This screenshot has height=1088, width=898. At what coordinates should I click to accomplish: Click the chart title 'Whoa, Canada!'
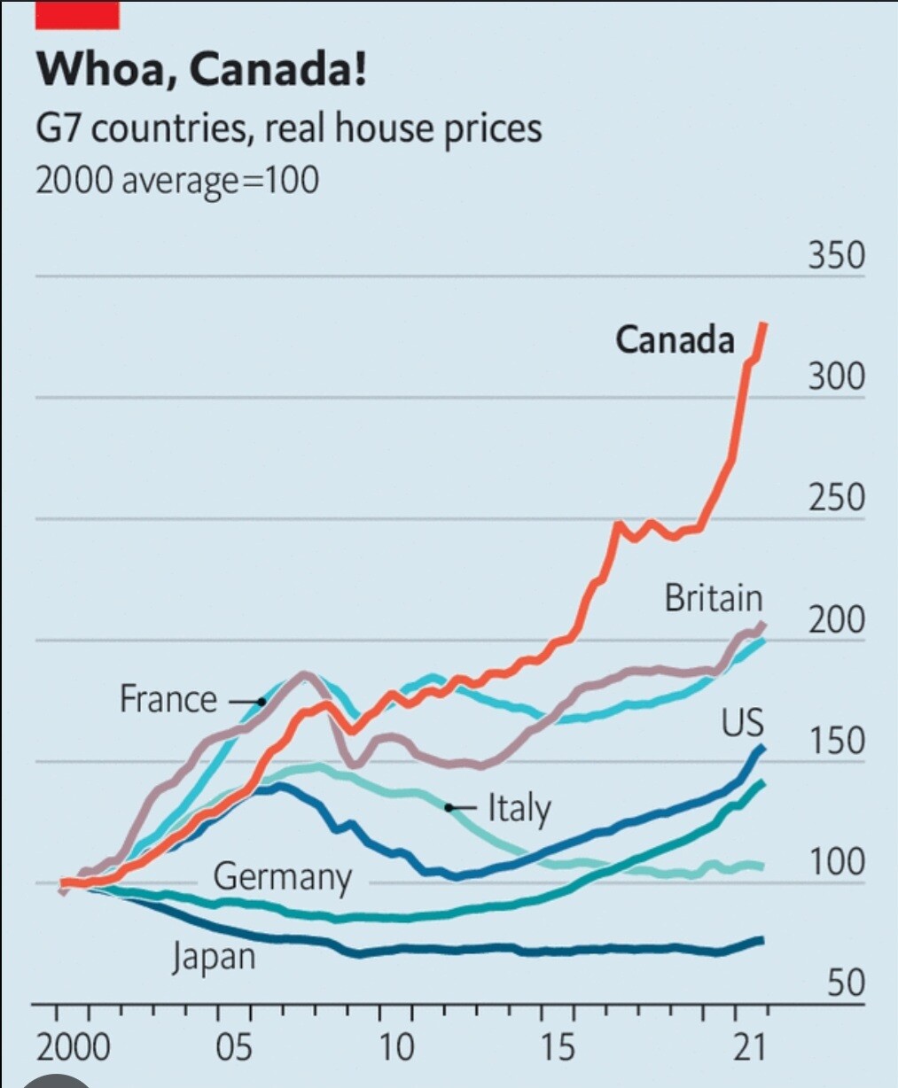tap(201, 69)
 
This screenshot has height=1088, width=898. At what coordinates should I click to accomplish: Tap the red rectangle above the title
tap(77, 15)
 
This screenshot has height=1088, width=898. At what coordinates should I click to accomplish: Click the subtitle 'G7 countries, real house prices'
tap(288, 128)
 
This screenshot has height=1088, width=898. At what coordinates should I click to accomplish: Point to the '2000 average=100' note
tap(176, 180)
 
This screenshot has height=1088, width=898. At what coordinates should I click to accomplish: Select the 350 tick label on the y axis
tap(835, 255)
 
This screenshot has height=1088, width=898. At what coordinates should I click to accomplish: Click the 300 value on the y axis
tap(835, 377)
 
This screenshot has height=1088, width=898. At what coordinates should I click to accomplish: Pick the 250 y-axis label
tap(835, 498)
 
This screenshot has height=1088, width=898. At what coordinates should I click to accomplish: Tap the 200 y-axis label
tap(835, 619)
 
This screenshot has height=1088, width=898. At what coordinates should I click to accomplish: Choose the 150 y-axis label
tap(835, 741)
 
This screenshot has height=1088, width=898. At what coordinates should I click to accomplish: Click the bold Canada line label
tap(675, 339)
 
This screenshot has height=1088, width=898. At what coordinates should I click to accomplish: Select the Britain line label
tap(714, 599)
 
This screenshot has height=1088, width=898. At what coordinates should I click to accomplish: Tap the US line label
tap(742, 723)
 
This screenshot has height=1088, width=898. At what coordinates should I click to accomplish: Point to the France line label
tap(168, 699)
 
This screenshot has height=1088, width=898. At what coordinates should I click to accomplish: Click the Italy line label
tap(519, 808)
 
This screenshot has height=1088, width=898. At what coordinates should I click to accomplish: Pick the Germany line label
tap(282, 877)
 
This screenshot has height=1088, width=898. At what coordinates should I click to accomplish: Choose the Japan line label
tap(214, 958)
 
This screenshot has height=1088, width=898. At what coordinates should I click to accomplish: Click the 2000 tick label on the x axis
tap(74, 1048)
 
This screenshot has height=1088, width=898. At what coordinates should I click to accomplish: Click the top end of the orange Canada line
tap(764, 326)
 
